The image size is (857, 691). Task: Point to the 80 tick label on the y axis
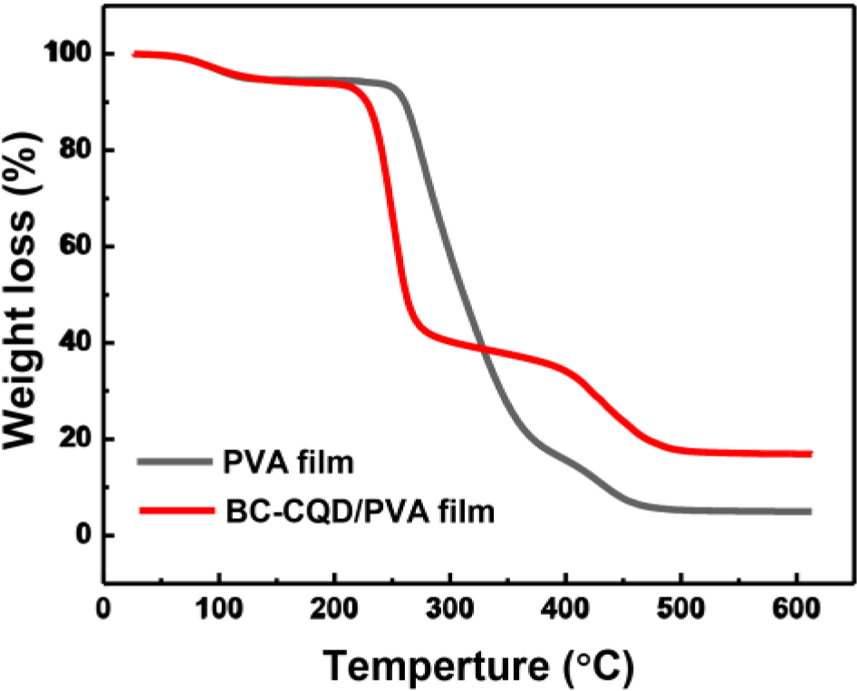coord(74,150)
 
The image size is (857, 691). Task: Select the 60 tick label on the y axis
coord(74,246)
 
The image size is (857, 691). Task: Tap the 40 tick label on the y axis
coord(74,343)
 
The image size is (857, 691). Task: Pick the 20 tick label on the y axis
coord(74,439)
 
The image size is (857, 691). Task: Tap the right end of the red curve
coord(810,454)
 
